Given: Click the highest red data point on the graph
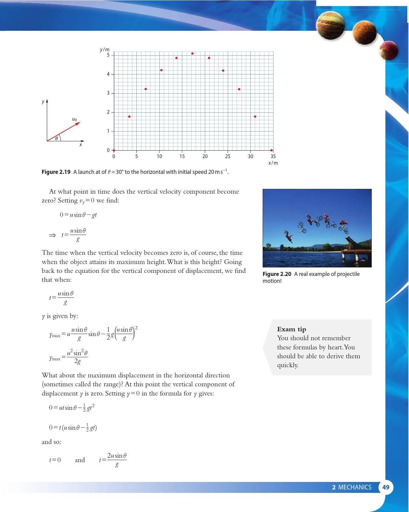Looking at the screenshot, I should pos(193,54).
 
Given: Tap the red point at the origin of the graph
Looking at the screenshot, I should pos(114,150).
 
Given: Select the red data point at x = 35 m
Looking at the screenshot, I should pos(272,150).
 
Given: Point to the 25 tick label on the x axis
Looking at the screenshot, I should pos(228,156).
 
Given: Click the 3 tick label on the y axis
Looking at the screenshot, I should pos(108,93).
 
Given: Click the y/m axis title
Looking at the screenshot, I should pos(105,50).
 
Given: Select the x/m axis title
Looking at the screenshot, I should pos(273,163).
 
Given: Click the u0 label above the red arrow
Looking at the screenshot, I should pos(75,119).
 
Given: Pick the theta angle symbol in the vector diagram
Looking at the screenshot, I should pos(57,138).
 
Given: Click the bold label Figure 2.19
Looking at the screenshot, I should pos(56,172).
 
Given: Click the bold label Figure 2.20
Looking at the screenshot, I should pos(277,274).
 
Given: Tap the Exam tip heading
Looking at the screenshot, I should pos(291,329).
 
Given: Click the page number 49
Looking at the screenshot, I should pos(386,487).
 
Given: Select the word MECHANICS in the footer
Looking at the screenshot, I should pos(355,487).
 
